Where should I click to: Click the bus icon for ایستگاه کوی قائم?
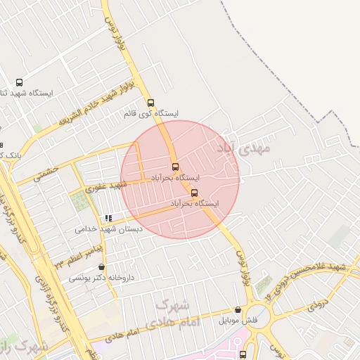(x=150, y=103)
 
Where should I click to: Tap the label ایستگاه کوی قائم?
(x=153, y=113)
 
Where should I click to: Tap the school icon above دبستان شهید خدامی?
(x=108, y=219)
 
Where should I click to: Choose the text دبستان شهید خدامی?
(x=109, y=229)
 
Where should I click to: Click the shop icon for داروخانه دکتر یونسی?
(x=103, y=267)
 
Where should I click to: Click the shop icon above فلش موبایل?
(x=238, y=309)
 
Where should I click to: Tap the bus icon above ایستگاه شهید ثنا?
(x=18, y=82)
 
